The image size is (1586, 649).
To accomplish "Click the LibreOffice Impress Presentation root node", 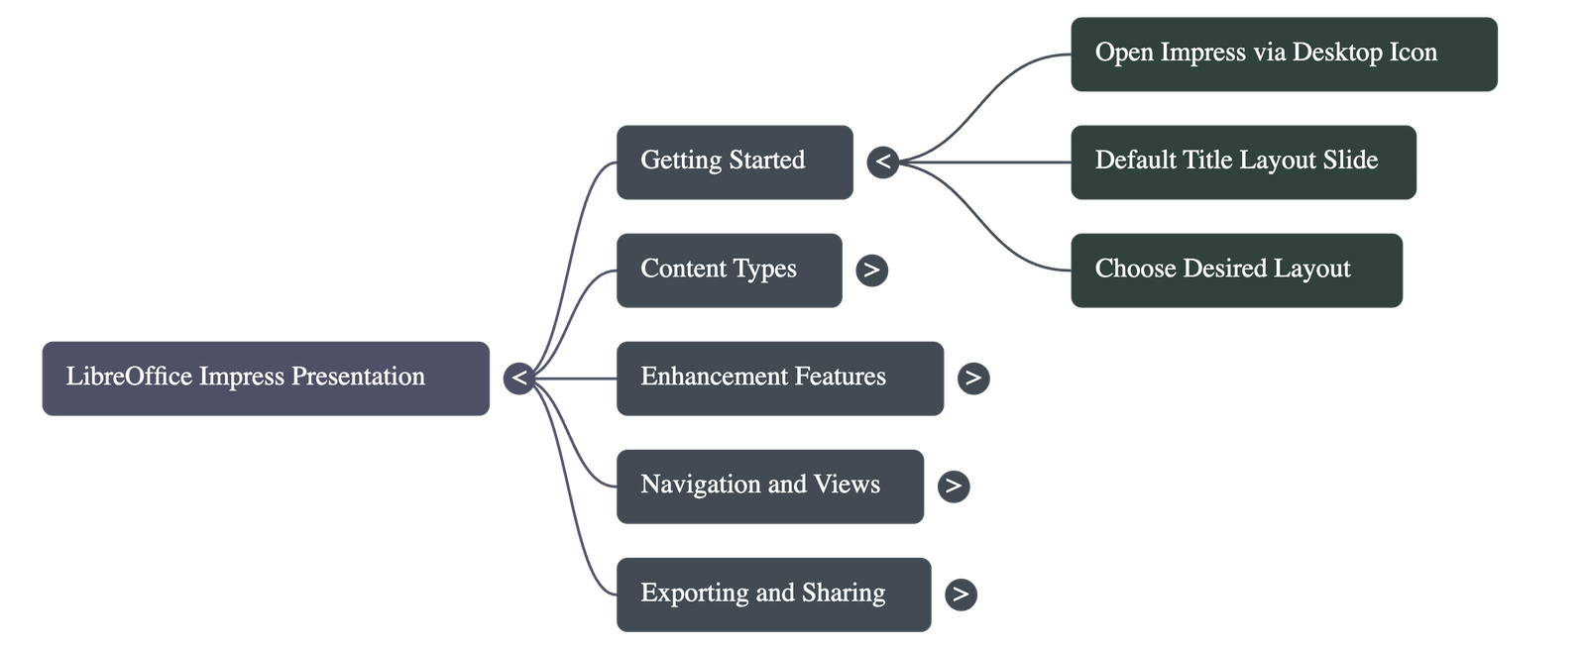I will click(266, 378).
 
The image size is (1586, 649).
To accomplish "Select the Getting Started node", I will click(735, 162).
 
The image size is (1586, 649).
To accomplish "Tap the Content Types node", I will click(729, 270).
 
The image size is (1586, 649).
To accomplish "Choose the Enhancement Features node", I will click(779, 378).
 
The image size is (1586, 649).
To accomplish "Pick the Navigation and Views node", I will click(770, 486).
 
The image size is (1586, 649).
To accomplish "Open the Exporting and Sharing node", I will click(773, 594).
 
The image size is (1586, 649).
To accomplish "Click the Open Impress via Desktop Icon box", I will click(1284, 54).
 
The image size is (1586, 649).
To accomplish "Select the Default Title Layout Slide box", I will click(1243, 162).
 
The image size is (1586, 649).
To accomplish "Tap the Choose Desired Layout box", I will click(1236, 270).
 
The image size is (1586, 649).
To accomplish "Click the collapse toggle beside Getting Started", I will click(882, 162).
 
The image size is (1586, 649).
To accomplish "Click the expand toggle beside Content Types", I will click(871, 270).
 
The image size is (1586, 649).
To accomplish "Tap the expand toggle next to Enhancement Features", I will click(973, 378).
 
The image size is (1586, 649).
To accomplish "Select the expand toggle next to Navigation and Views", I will click(954, 486).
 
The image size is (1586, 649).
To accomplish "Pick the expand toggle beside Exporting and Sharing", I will click(960, 594).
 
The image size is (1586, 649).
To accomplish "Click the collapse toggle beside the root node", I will click(518, 378).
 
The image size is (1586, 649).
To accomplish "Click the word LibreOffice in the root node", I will click(129, 377).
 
